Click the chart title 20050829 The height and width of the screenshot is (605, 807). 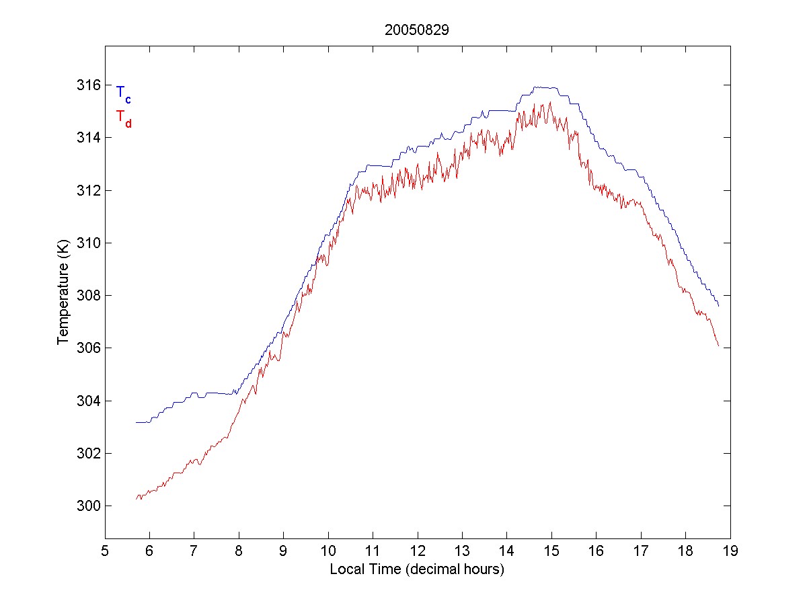[416, 30]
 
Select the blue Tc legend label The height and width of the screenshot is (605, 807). [123, 93]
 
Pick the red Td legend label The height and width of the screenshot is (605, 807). [123, 118]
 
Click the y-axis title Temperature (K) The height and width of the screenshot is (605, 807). [63, 294]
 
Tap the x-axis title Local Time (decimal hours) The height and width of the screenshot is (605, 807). [417, 569]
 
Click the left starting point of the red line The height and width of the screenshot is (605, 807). [137, 498]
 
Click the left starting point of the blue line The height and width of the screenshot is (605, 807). [136, 422]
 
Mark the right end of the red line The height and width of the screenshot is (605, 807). [719, 346]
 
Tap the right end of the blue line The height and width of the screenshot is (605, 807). [719, 307]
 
